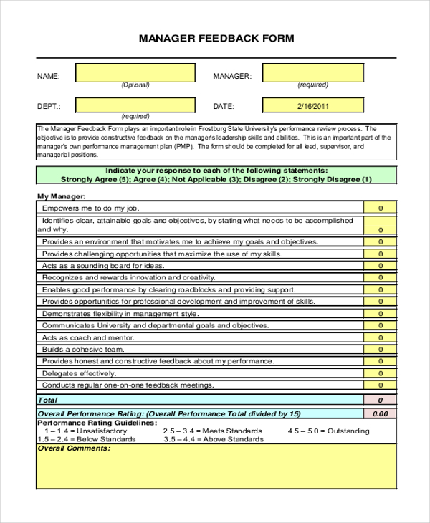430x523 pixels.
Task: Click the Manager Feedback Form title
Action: click(x=216, y=38)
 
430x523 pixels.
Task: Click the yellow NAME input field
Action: click(x=135, y=73)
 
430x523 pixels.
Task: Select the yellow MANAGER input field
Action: click(x=312, y=73)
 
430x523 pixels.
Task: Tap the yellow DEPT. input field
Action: click(x=135, y=106)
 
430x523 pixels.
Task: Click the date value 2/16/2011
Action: click(x=312, y=106)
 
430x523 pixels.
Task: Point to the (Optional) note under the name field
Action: click(x=135, y=85)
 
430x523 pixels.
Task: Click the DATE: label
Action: click(x=224, y=106)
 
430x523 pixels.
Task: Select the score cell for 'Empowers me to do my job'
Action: click(x=380, y=208)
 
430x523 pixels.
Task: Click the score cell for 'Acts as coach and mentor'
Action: click(x=380, y=337)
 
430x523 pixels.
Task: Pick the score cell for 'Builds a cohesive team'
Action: click(x=380, y=350)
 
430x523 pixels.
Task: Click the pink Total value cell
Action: click(x=380, y=400)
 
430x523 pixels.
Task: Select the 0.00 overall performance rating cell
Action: click(x=380, y=413)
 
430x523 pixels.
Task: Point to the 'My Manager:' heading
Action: click(x=61, y=196)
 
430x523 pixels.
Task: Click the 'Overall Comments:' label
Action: click(x=74, y=448)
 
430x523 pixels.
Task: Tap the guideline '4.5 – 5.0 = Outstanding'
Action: click(x=328, y=431)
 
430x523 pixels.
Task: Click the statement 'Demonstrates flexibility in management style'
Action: click(x=120, y=314)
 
